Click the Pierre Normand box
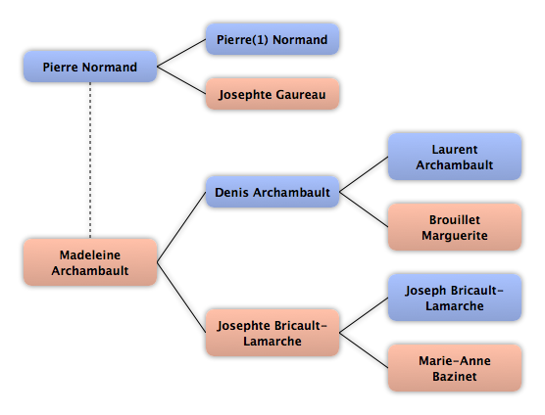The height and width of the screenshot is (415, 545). (x=90, y=67)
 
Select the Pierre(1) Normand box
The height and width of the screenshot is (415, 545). (x=272, y=39)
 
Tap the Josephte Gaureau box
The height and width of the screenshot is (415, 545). (x=272, y=94)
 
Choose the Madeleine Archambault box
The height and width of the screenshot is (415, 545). (x=90, y=262)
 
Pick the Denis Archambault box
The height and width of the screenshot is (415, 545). (x=272, y=192)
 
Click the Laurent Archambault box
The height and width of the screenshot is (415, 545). (x=455, y=157)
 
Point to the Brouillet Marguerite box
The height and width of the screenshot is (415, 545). (x=455, y=227)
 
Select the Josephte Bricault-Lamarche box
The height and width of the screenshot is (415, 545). (x=272, y=333)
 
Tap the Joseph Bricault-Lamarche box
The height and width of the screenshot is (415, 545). (x=455, y=298)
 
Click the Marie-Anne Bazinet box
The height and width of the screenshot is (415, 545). (x=455, y=368)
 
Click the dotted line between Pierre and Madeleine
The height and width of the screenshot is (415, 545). (x=90, y=161)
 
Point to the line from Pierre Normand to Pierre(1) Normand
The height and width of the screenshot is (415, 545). (x=181, y=53)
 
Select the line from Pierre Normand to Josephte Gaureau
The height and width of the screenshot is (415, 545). (x=181, y=80)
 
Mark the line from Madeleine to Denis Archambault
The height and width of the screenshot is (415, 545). (x=181, y=227)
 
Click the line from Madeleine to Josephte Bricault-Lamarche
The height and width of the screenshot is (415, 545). (x=181, y=298)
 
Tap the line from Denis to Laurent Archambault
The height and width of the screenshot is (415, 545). (x=364, y=174)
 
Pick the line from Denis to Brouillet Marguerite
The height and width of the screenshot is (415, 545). (x=364, y=209)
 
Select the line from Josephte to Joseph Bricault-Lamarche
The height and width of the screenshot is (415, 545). (x=364, y=315)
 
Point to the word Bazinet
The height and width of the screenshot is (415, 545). (x=455, y=376)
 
